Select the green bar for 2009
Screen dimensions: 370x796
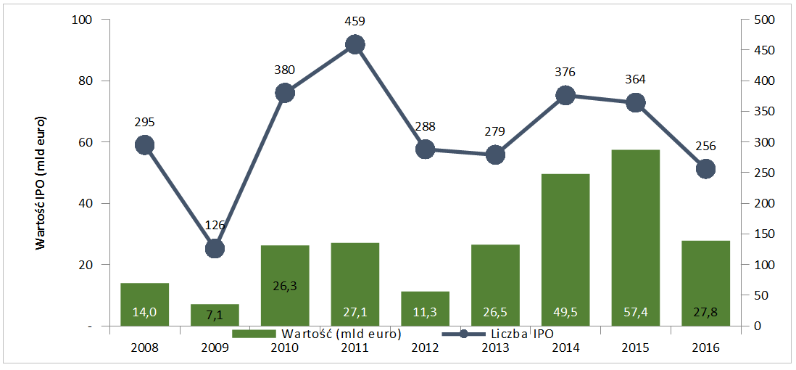[x=215, y=315]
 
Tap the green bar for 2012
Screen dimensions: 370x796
[x=425, y=308]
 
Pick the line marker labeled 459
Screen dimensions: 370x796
[x=355, y=45]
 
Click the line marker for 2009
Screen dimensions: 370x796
[x=215, y=249]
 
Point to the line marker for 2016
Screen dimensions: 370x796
[x=705, y=169]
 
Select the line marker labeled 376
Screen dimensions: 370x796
[x=565, y=95]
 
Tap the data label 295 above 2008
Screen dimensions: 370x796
[x=144, y=122]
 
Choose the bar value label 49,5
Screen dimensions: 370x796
[x=565, y=313]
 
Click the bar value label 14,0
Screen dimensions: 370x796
[x=144, y=313]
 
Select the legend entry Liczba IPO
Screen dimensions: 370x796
[x=507, y=334]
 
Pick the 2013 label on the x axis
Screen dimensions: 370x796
[x=495, y=347]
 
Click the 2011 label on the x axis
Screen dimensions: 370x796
[x=355, y=347]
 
